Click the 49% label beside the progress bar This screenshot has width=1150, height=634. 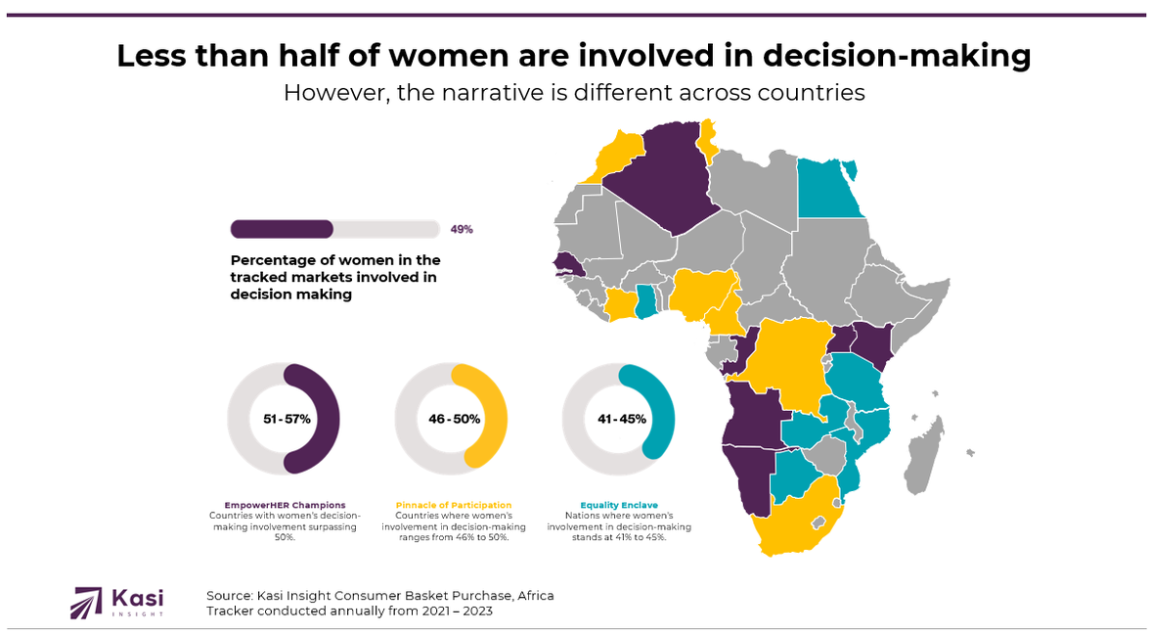tap(462, 229)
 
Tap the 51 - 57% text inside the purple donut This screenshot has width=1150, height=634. tap(287, 419)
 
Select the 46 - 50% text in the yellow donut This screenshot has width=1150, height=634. tap(454, 419)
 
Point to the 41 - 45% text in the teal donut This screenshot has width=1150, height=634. tap(622, 419)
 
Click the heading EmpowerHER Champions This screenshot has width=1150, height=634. tap(285, 505)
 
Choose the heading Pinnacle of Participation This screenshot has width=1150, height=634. tap(453, 505)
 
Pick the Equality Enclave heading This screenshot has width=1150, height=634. tap(618, 505)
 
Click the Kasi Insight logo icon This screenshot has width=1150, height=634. tap(86, 602)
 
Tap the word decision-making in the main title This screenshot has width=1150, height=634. tap(896, 56)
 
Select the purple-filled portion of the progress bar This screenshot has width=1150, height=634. tap(282, 229)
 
